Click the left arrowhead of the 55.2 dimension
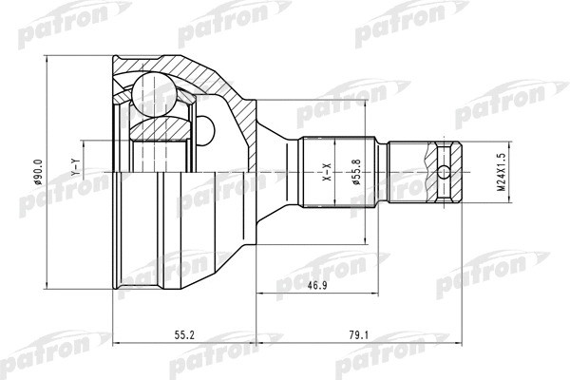(116, 340)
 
